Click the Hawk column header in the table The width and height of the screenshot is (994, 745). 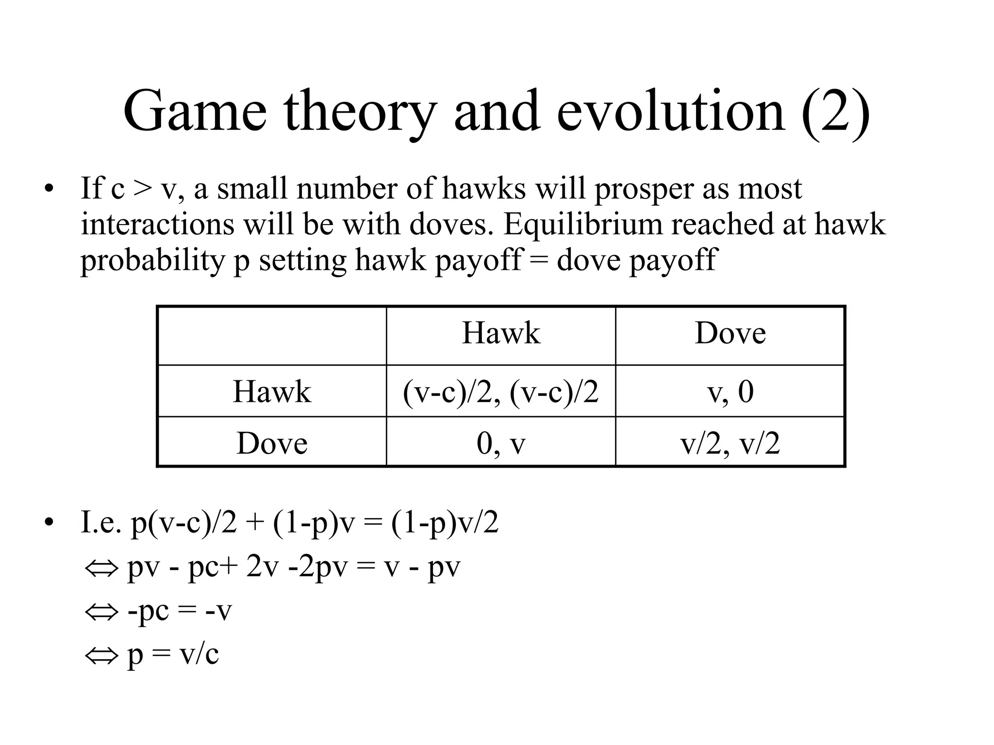point(501,333)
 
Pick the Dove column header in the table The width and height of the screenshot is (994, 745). point(730,333)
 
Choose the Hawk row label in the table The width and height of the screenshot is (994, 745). point(272,391)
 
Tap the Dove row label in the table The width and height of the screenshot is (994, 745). point(272,443)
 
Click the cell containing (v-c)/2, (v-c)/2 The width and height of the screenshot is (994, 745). point(501,391)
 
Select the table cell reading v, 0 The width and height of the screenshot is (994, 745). point(730,391)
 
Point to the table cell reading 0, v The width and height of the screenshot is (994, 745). point(501,443)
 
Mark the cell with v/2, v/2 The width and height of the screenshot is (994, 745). point(730,443)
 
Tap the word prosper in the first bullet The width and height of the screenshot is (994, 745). point(644,189)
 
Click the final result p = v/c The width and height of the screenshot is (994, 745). point(173,654)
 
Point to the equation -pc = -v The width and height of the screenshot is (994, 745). point(180,611)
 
